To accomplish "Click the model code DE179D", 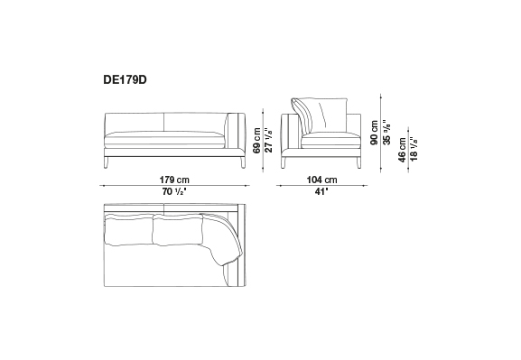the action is pos(125,80).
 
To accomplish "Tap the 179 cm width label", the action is pos(174,180).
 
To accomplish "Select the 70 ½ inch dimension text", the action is pos(173,191).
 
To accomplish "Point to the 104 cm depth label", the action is pos(321,180).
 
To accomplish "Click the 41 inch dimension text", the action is pos(321,191).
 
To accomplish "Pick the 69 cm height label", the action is pos(256,141).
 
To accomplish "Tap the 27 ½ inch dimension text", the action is pos(268,140).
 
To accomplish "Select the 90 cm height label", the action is pos(375,132).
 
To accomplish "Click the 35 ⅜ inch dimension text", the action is pos(386,132).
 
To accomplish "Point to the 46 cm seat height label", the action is pos(402,150).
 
